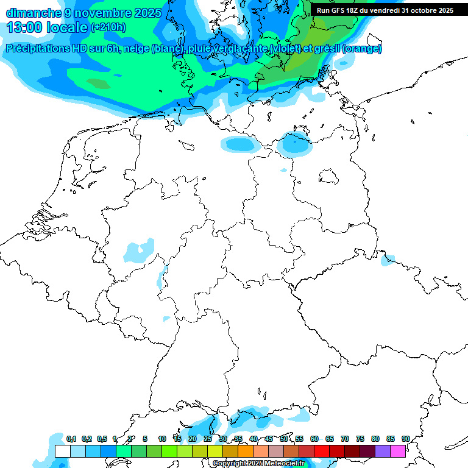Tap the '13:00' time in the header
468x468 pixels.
pyautogui.click(x=24, y=27)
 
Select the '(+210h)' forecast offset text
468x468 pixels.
pyautogui.click(x=108, y=27)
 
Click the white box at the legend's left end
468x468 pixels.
pyautogui.click(x=62, y=451)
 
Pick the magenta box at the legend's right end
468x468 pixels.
pyautogui.click(x=398, y=451)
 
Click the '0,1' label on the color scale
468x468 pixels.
pyautogui.click(x=71, y=439)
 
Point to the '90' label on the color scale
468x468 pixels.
pyautogui.click(x=405, y=439)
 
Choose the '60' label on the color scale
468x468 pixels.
pyautogui.click(x=314, y=439)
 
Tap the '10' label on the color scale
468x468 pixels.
pyautogui.click(x=162, y=439)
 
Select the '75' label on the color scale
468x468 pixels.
pyautogui.click(x=360, y=439)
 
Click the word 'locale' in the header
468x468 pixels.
pyautogui.click(x=66, y=27)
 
